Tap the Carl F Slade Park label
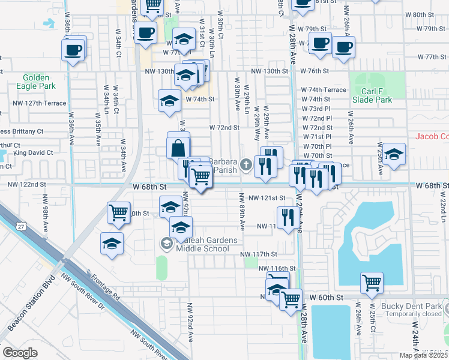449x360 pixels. pos(372,96)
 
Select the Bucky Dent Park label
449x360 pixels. pos(415,307)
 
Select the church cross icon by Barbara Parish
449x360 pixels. pos(246,164)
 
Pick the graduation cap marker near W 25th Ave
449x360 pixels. pos(394,155)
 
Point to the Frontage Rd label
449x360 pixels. pos(106,287)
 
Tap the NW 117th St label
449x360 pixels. pos(259,254)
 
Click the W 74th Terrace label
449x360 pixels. pos(324,90)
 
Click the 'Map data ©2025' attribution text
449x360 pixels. pos(424,355)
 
